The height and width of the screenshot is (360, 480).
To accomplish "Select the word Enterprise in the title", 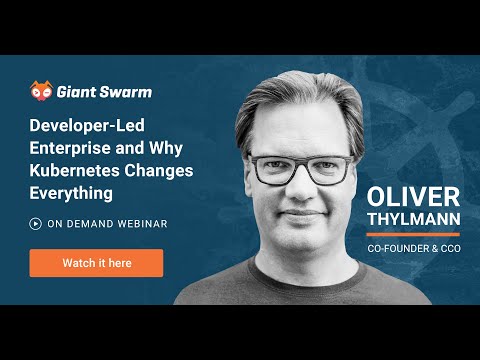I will [66, 148].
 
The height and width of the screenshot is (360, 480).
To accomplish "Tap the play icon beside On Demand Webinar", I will [35, 224].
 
